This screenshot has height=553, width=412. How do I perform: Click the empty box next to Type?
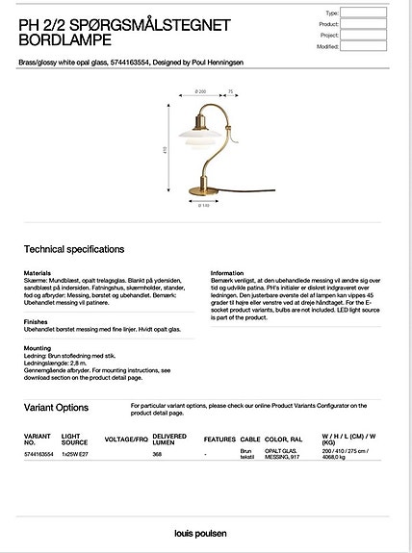(x=364, y=13)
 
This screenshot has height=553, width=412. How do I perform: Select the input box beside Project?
(x=364, y=35)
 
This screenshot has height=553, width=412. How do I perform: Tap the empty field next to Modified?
(x=364, y=45)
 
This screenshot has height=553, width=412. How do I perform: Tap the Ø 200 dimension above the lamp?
(x=200, y=92)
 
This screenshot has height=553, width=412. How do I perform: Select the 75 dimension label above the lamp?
(x=232, y=92)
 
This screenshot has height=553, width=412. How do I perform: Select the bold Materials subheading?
(x=38, y=273)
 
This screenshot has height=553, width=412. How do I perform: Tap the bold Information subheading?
(x=227, y=273)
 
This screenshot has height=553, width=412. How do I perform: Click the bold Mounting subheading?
(x=38, y=348)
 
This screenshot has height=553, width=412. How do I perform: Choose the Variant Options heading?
(x=56, y=408)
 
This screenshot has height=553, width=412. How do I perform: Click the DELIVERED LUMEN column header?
(x=170, y=440)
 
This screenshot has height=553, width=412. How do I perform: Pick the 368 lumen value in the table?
(x=157, y=453)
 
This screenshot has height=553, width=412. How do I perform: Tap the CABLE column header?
(x=249, y=438)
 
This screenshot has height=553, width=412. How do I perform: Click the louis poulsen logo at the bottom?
(x=206, y=530)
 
